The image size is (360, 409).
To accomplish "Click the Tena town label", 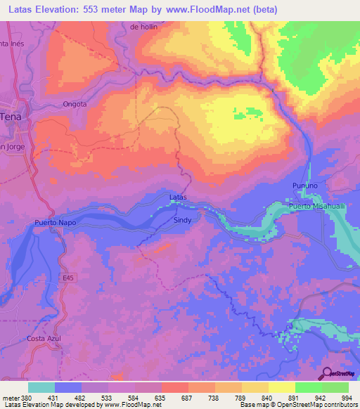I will click(10, 117).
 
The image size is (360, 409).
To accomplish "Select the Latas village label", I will click(179, 197).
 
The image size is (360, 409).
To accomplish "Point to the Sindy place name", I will click(182, 219).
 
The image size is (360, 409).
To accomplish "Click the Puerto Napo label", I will click(55, 223).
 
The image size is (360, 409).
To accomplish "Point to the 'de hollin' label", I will click(145, 27).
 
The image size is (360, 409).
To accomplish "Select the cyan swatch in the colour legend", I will click(41, 387).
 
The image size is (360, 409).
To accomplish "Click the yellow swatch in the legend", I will click(281, 387).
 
